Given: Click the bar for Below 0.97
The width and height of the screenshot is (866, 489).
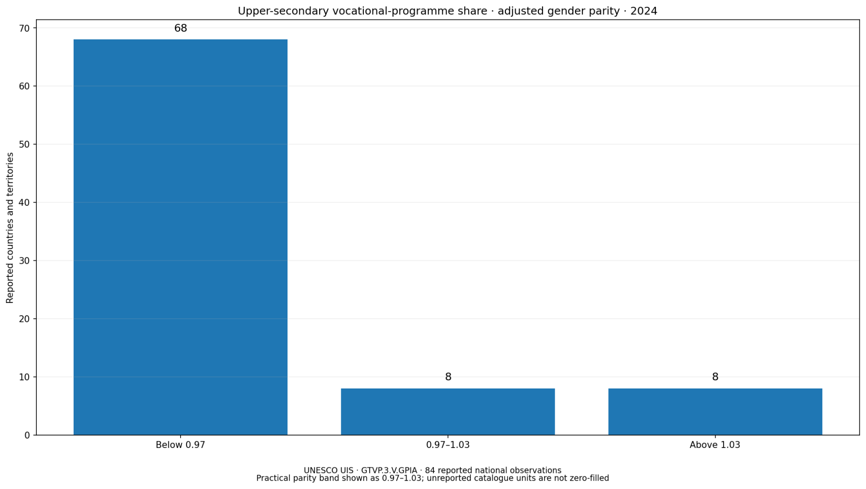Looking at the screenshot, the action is click(x=181, y=237).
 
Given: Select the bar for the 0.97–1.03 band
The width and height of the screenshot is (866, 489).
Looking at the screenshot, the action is click(x=448, y=411).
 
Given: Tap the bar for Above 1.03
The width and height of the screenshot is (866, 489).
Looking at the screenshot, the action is click(x=715, y=411).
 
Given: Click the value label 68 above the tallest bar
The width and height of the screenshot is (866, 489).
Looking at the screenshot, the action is click(x=181, y=28).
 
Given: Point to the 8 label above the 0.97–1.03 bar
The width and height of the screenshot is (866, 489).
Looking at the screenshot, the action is click(x=448, y=377).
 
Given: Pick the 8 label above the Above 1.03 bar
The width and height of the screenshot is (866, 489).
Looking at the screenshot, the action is click(x=715, y=377).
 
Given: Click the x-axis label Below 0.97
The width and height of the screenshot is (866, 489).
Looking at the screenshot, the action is click(x=181, y=445).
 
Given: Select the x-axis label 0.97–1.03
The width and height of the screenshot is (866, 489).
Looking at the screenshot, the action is click(x=448, y=445).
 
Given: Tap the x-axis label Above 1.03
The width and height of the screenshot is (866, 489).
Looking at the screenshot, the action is click(x=715, y=445).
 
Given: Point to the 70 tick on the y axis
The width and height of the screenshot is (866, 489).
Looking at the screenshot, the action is click(x=25, y=28).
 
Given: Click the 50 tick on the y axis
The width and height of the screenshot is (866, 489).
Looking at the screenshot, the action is click(x=25, y=144).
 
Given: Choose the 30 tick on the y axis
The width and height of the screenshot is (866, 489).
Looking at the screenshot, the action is click(x=25, y=261).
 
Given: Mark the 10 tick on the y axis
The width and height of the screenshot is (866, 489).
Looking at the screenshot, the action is click(x=25, y=377).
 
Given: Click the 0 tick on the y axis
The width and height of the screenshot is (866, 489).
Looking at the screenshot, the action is click(x=27, y=435).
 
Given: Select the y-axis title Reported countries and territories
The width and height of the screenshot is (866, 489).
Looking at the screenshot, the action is click(x=10, y=228).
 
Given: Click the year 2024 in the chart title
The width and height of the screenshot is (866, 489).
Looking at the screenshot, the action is click(x=644, y=11).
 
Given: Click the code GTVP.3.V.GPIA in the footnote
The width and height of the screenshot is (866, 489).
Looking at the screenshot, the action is click(x=389, y=470).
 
